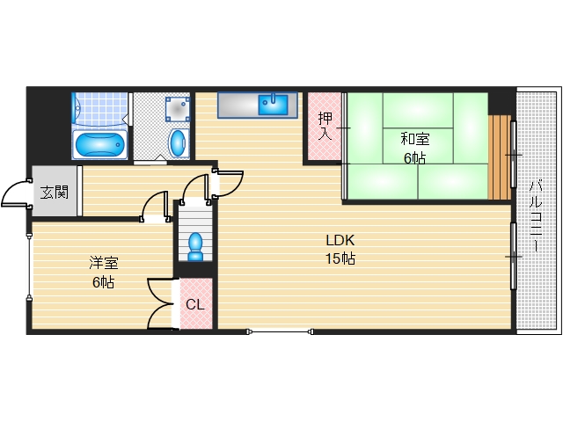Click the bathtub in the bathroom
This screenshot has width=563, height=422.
[x=99, y=143]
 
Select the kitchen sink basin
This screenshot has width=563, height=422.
[x=274, y=104]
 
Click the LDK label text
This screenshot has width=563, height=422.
[x=340, y=239]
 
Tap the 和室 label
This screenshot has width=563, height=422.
[x=414, y=138]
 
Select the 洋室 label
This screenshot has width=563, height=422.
[x=103, y=263]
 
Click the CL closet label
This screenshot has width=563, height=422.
[x=195, y=305]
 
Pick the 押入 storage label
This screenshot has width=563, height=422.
[x=324, y=127]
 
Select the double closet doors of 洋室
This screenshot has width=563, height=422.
[x=161, y=303]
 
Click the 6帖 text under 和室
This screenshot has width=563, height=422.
[x=414, y=158]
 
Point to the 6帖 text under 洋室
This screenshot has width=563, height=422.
[x=103, y=282]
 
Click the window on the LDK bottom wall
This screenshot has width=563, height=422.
[x=281, y=331]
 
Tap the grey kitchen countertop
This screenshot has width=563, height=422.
[x=238, y=104]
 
